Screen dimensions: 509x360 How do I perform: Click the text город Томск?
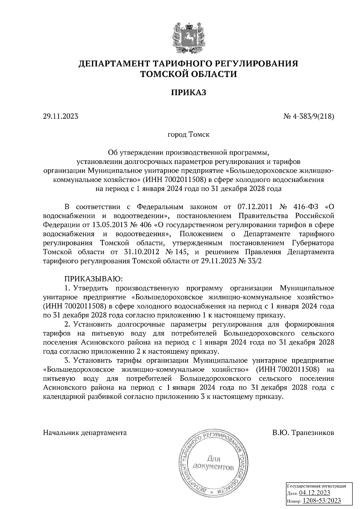[x=188, y=135]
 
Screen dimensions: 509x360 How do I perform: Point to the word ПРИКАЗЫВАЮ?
[x=93, y=279]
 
